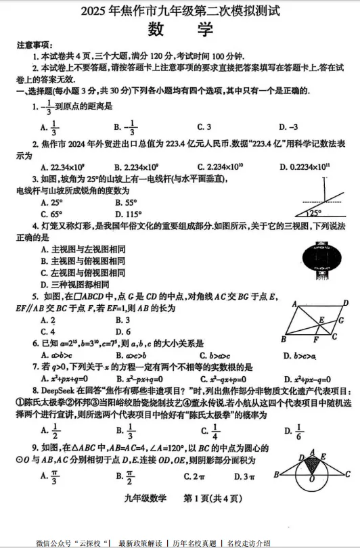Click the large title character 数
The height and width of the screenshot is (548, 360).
[156, 29]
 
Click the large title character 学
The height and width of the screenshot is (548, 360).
[204, 29]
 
